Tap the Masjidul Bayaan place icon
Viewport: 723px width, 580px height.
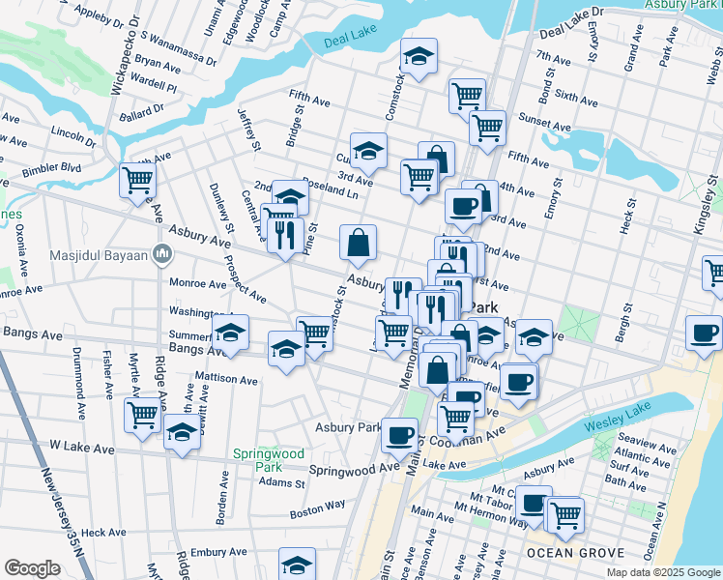click(x=163, y=256)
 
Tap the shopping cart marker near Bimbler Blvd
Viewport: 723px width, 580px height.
click(x=138, y=180)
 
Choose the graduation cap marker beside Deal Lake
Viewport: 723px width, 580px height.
click(x=419, y=57)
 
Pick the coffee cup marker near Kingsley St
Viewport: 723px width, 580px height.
click(x=705, y=333)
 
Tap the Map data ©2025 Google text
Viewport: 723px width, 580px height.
click(x=663, y=572)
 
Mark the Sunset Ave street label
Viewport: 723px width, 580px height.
click(x=544, y=125)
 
